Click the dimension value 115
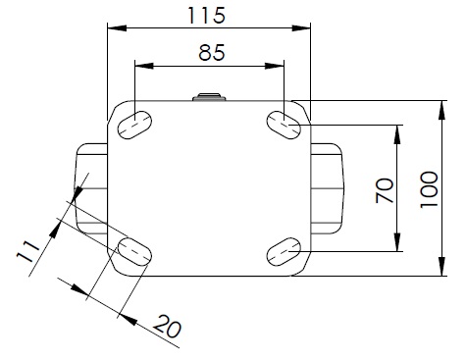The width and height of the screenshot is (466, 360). coord(206,16)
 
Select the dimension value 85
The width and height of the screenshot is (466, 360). coord(212,53)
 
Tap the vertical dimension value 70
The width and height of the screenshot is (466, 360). coord(385,190)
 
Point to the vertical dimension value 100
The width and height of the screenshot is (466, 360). coord(429,189)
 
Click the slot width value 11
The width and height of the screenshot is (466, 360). coord(27,251)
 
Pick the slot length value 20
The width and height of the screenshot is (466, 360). coord(167,327)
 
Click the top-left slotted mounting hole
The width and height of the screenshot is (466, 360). coord(134,125)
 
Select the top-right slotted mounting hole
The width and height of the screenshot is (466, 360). coord(284,125)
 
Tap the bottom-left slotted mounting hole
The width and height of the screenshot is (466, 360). coord(134,251)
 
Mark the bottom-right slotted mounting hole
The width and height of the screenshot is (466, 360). coord(284,251)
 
